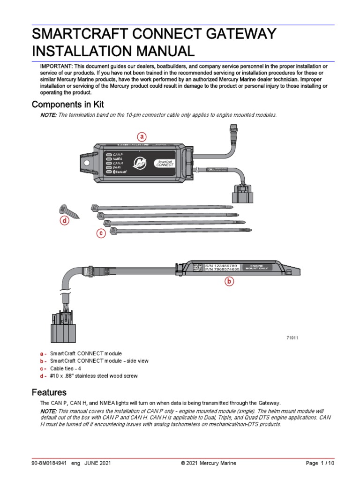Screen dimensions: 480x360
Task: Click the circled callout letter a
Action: coord(142,137)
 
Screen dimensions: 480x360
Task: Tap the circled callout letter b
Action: coord(229,282)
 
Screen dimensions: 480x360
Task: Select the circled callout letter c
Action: coord(100,233)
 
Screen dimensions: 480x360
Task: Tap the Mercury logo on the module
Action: coord(140,162)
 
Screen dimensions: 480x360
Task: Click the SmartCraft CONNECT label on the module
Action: coord(165,163)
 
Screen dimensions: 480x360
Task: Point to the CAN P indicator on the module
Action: coord(114,154)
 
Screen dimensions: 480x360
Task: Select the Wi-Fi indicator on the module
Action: coord(114,167)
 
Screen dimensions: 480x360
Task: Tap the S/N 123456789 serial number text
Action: coord(222,265)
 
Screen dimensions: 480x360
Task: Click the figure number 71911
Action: coord(292,337)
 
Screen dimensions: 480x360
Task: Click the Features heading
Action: coord(49,392)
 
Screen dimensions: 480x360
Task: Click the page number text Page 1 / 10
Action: coord(320,463)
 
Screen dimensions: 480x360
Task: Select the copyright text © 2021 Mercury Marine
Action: coord(208,463)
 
